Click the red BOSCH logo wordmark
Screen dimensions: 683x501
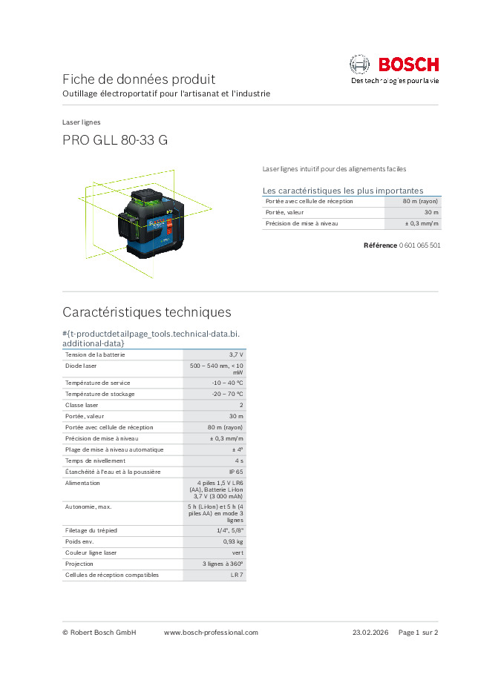[x=409, y=65]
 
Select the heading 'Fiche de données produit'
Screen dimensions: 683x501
[x=139, y=79]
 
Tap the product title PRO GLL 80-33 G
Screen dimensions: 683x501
[x=115, y=140]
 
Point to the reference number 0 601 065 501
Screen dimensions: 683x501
[x=419, y=245]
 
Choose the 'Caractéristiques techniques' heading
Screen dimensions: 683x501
[x=147, y=311]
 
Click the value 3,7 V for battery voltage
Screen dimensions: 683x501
[x=236, y=355]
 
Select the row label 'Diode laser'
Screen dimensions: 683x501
[x=81, y=366]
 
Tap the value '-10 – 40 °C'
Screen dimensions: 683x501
[x=227, y=383]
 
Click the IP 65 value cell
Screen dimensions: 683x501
[x=235, y=472]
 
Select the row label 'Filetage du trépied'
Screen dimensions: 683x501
[x=91, y=530]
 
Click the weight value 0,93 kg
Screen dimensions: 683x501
[x=233, y=541]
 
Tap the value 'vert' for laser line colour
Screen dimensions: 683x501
[x=237, y=552]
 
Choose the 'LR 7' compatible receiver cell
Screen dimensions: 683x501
[x=237, y=575]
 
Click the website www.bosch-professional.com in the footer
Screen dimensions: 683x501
[x=211, y=633]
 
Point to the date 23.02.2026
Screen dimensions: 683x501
[x=371, y=633]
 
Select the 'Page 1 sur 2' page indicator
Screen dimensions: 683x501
[x=419, y=633]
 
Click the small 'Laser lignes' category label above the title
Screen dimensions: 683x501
[x=82, y=122]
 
